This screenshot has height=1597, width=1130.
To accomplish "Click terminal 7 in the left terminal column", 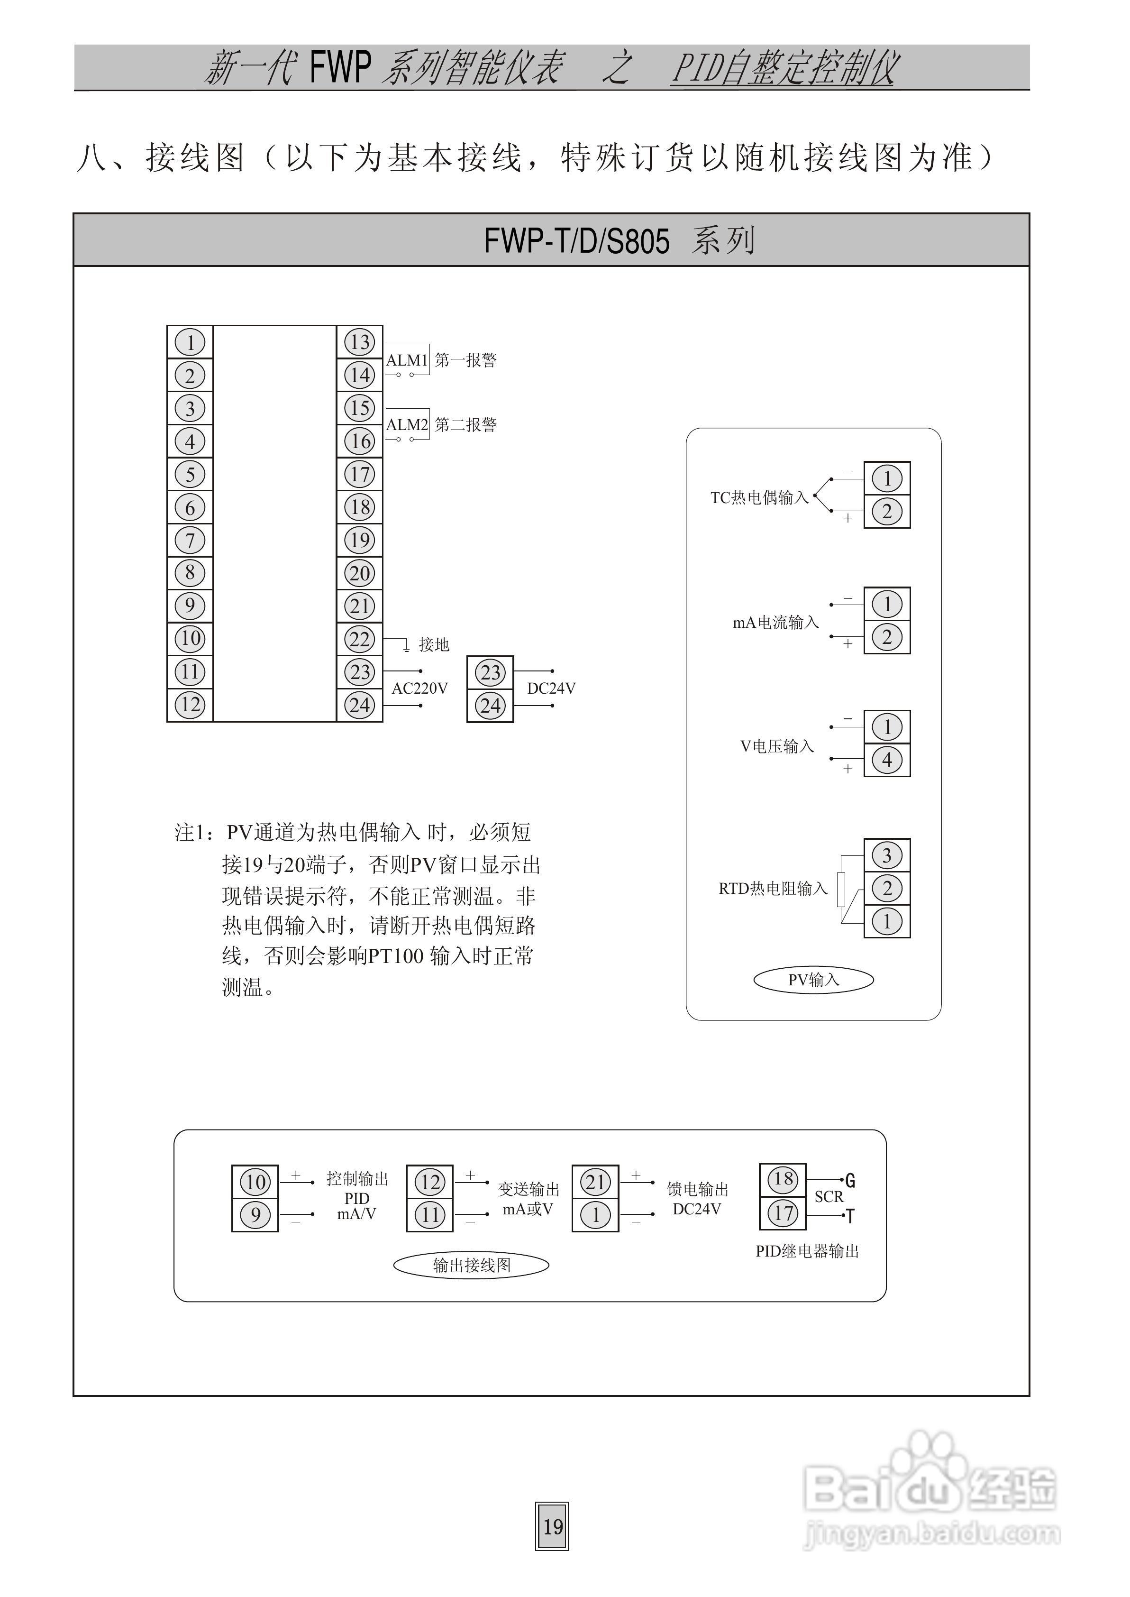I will (x=190, y=541).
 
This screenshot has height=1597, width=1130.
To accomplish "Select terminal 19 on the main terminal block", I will (x=360, y=541).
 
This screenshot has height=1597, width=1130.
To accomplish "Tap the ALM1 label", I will (x=407, y=360).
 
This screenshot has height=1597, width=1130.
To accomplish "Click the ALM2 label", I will (x=407, y=424).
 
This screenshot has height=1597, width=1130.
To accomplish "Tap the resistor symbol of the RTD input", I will (x=841, y=889).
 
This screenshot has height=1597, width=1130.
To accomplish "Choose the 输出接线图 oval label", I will (x=471, y=1266).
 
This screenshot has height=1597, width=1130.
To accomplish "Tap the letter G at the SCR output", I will (x=850, y=1181).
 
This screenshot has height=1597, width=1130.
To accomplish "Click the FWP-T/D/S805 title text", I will (x=576, y=241).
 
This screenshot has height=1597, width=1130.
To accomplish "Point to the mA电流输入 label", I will (x=775, y=623).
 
